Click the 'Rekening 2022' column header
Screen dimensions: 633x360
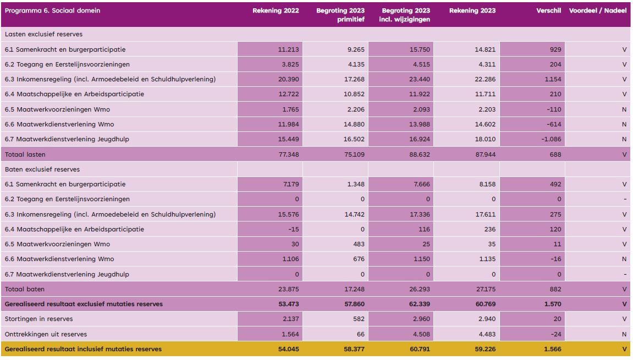[276, 10]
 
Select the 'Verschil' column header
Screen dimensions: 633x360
[549, 10]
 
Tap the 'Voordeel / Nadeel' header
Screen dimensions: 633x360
[597, 10]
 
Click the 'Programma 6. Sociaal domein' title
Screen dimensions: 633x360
[52, 10]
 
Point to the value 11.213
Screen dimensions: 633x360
[288, 49]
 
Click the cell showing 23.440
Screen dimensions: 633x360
[420, 80]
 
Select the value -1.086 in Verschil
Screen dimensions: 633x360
[551, 139]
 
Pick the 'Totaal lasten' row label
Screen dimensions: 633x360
[25, 154]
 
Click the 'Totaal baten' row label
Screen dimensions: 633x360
[25, 289]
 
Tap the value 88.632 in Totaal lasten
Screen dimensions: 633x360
[420, 154]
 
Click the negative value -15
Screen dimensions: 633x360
[294, 229]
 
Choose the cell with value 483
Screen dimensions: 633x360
[359, 244]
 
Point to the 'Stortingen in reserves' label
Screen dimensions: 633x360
[38, 319]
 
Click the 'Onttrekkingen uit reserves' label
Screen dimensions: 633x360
[46, 334]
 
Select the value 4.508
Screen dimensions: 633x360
[421, 334]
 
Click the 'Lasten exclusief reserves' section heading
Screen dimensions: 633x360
[43, 34]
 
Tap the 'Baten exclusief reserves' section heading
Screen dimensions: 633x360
[42, 169]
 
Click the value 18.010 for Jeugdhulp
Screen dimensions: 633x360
[485, 139]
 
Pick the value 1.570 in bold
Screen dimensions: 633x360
[553, 304]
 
